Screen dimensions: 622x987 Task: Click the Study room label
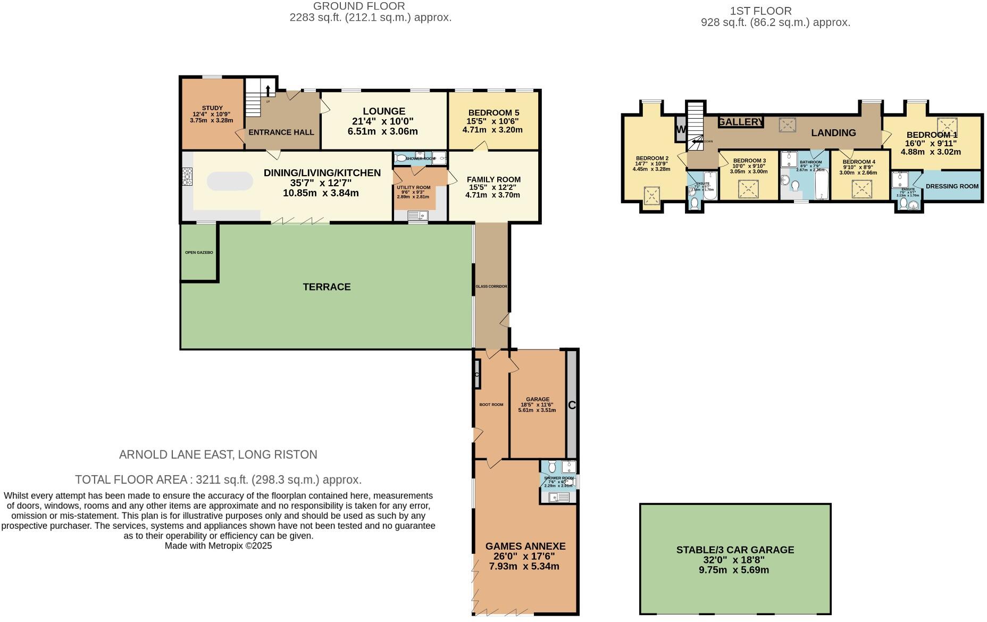(212, 108)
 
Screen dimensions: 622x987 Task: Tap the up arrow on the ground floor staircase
(267, 90)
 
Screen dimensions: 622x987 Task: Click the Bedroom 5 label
(493, 113)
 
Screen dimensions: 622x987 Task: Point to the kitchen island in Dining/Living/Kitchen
(230, 181)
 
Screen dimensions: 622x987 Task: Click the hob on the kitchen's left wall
(187, 177)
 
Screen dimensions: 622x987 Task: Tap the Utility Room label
(413, 187)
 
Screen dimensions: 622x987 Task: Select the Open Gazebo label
(199, 252)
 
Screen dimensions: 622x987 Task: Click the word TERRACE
(327, 287)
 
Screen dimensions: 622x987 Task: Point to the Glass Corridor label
(491, 286)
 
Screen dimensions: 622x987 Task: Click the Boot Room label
(491, 404)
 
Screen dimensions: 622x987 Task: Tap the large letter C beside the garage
(572, 405)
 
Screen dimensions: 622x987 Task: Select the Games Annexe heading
(525, 546)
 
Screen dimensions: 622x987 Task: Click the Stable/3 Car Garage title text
(735, 550)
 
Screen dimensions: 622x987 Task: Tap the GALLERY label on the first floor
(740, 122)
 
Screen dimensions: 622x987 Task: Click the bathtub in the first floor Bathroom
(822, 185)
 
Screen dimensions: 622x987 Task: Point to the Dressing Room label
(952, 186)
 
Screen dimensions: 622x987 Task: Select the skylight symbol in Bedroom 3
(748, 188)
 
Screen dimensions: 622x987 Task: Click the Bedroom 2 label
(652, 158)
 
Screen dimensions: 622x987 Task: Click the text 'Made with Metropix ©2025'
(218, 546)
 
